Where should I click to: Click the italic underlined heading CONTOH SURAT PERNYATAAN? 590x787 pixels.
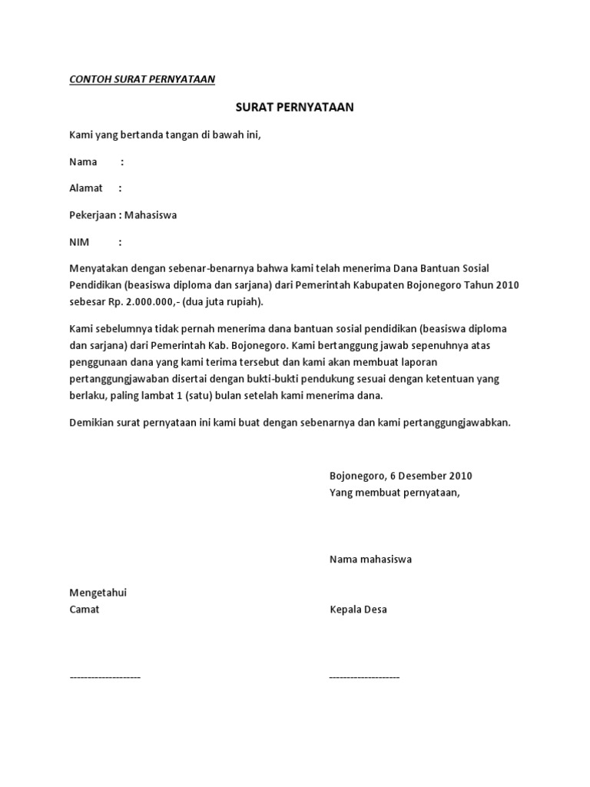(142, 79)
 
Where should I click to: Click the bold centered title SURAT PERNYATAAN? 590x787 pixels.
(294, 108)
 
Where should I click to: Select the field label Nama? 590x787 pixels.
(83, 161)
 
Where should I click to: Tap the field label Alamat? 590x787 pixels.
(86, 188)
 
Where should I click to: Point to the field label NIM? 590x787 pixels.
(79, 242)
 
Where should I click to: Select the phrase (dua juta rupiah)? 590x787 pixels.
(224, 301)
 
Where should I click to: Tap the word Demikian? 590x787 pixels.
(91, 423)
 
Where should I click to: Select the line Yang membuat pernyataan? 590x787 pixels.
(394, 493)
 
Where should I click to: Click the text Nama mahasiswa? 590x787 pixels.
(370, 560)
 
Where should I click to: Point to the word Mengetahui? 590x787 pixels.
(98, 593)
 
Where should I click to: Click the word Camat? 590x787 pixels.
(85, 609)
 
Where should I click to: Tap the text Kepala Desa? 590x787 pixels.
(358, 609)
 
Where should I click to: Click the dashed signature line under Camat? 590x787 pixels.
(105, 677)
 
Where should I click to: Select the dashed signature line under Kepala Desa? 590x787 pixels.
(364, 677)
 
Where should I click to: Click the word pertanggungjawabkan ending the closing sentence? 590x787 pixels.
(452, 423)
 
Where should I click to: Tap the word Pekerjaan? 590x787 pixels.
(93, 215)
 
